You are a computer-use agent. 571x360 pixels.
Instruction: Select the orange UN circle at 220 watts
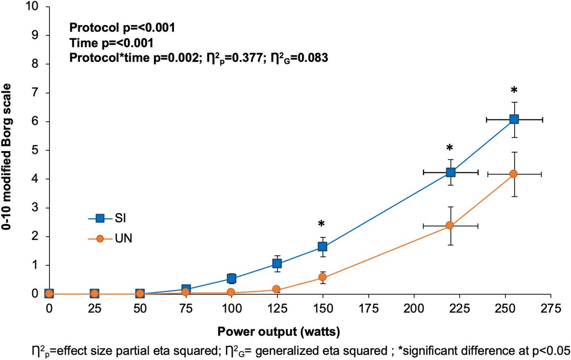tap(450, 225)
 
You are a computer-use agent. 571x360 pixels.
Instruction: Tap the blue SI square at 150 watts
tap(323, 246)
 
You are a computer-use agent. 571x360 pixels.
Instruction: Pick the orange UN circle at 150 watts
tap(323, 277)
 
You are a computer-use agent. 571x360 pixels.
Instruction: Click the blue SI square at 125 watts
tap(277, 263)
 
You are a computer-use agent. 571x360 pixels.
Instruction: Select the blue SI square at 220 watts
tap(450, 172)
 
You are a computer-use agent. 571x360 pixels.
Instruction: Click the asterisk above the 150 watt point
tap(322, 224)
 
